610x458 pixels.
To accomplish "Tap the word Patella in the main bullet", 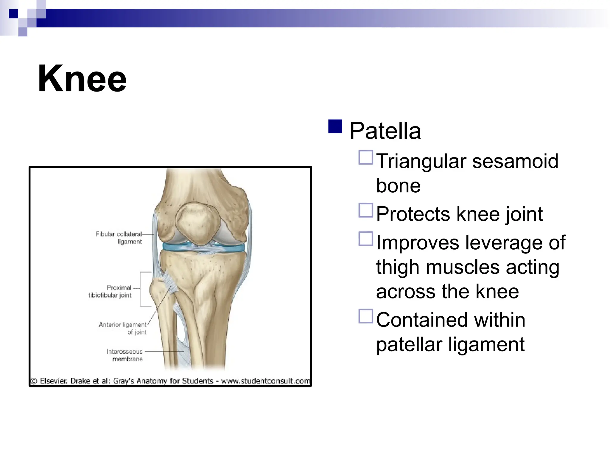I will pyautogui.click(x=385, y=131).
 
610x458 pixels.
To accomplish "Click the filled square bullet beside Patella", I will pyautogui.click(x=335, y=126).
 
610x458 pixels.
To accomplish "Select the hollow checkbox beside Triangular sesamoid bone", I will pyautogui.click(x=366, y=157).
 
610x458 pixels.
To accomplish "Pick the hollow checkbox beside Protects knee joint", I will pyautogui.click(x=366, y=210).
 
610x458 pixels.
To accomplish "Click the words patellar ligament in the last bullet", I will pyautogui.click(x=450, y=344).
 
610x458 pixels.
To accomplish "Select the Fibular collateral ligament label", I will pyautogui.click(x=119, y=238).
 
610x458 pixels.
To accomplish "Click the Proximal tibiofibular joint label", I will pyautogui.click(x=110, y=291).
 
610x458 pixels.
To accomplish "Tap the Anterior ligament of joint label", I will pyautogui.click(x=123, y=328).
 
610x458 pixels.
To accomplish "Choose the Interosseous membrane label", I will pyautogui.click(x=125, y=355).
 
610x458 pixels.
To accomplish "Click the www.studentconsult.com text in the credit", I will pyautogui.click(x=265, y=381).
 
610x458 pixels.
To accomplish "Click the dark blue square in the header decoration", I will pyautogui.click(x=13, y=14).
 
